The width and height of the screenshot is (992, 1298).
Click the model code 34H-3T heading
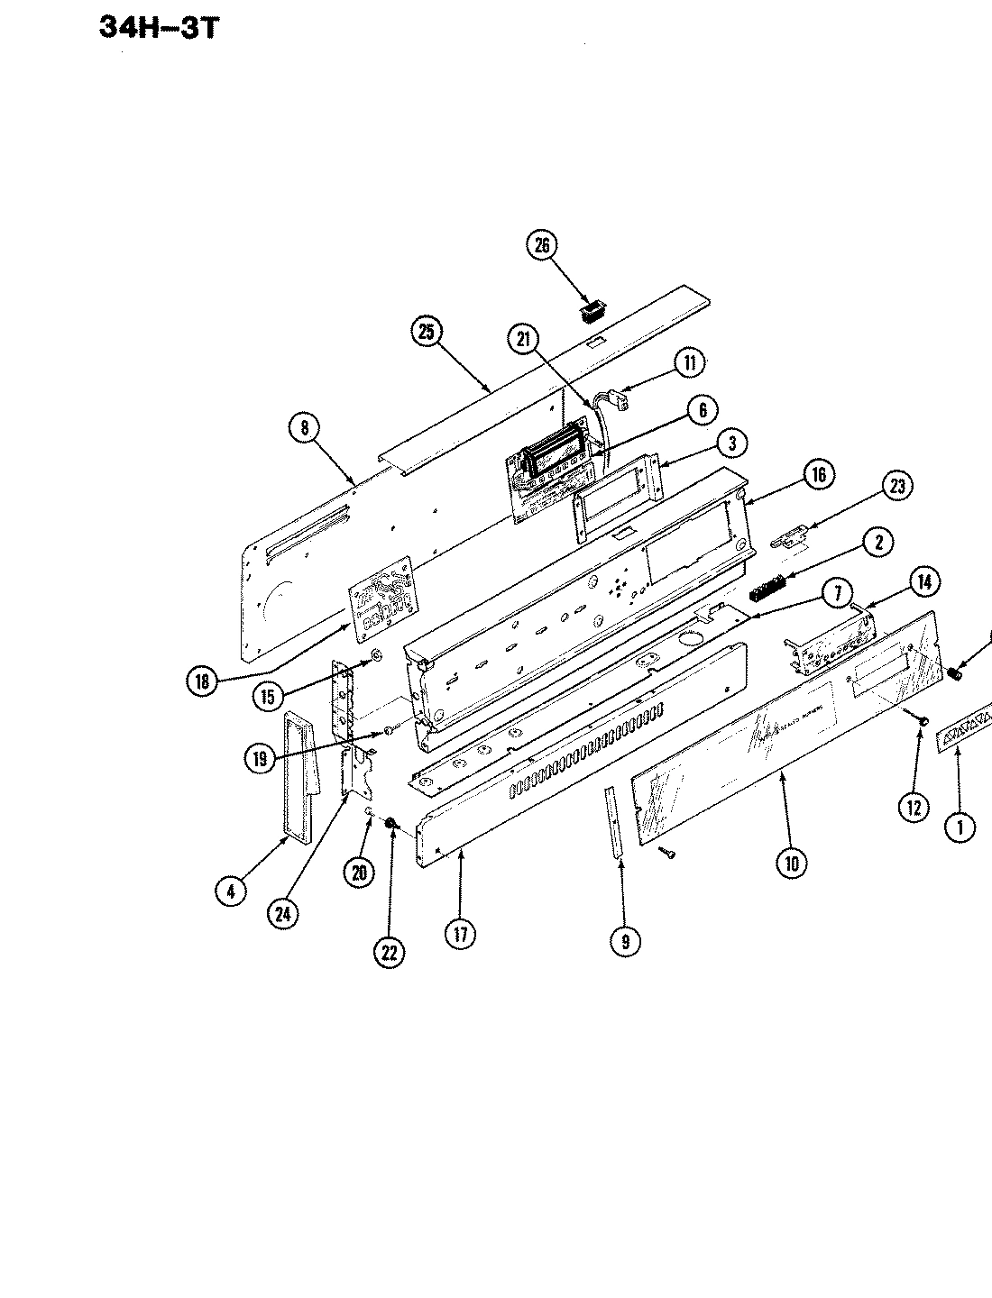coord(158,29)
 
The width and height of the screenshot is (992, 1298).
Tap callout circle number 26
coord(542,245)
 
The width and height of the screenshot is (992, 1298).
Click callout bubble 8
coord(306,428)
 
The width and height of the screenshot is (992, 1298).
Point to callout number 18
coord(202,681)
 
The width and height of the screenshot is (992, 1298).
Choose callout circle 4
coord(231,891)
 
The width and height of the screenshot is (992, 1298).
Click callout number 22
coord(390,952)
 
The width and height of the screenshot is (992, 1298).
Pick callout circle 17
coord(461,934)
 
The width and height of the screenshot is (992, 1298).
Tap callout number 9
coord(625,941)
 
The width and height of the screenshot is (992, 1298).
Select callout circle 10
coord(791,863)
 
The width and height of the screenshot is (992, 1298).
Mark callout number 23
coord(896,487)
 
